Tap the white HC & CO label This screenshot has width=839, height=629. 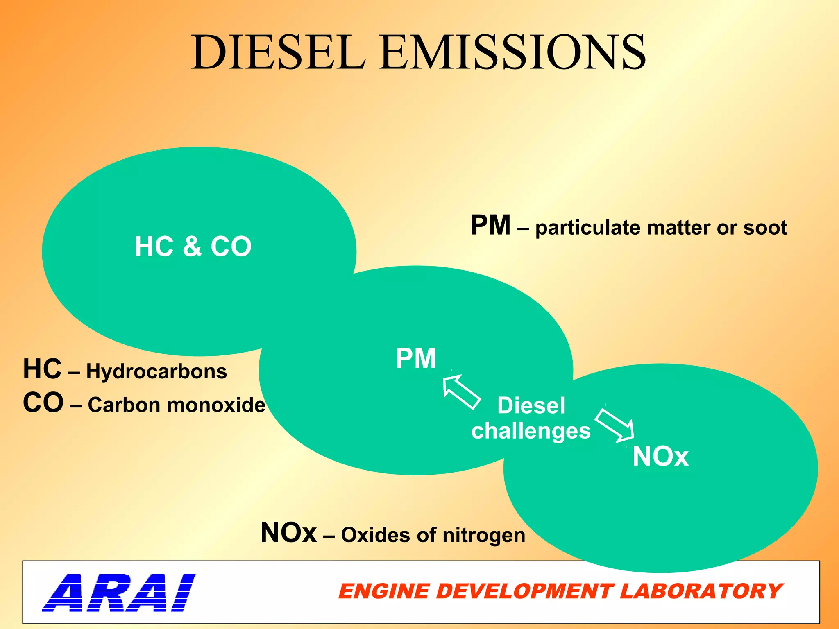193,247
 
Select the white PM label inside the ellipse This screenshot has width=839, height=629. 416,358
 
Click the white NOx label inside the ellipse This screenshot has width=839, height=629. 660,456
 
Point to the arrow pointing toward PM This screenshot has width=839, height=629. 461,391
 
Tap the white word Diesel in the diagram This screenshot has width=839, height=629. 531,405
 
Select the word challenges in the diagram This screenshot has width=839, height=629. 531,431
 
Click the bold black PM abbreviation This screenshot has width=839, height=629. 490,226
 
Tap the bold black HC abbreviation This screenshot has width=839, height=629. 42,369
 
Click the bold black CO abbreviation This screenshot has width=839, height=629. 43,403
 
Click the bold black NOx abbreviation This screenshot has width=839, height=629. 289,533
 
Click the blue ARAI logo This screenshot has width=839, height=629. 118,593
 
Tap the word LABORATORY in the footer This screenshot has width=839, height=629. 701,592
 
